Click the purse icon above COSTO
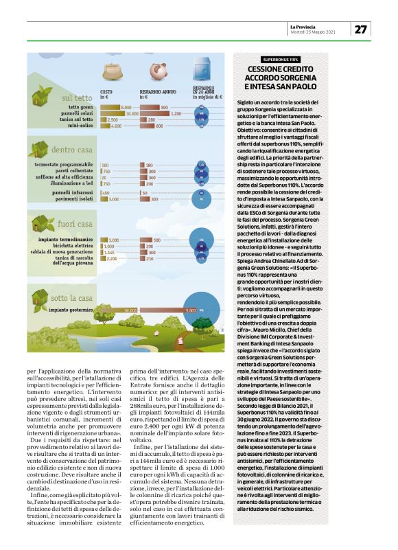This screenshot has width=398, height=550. click(111, 71)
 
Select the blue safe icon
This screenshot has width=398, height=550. click(202, 71)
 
